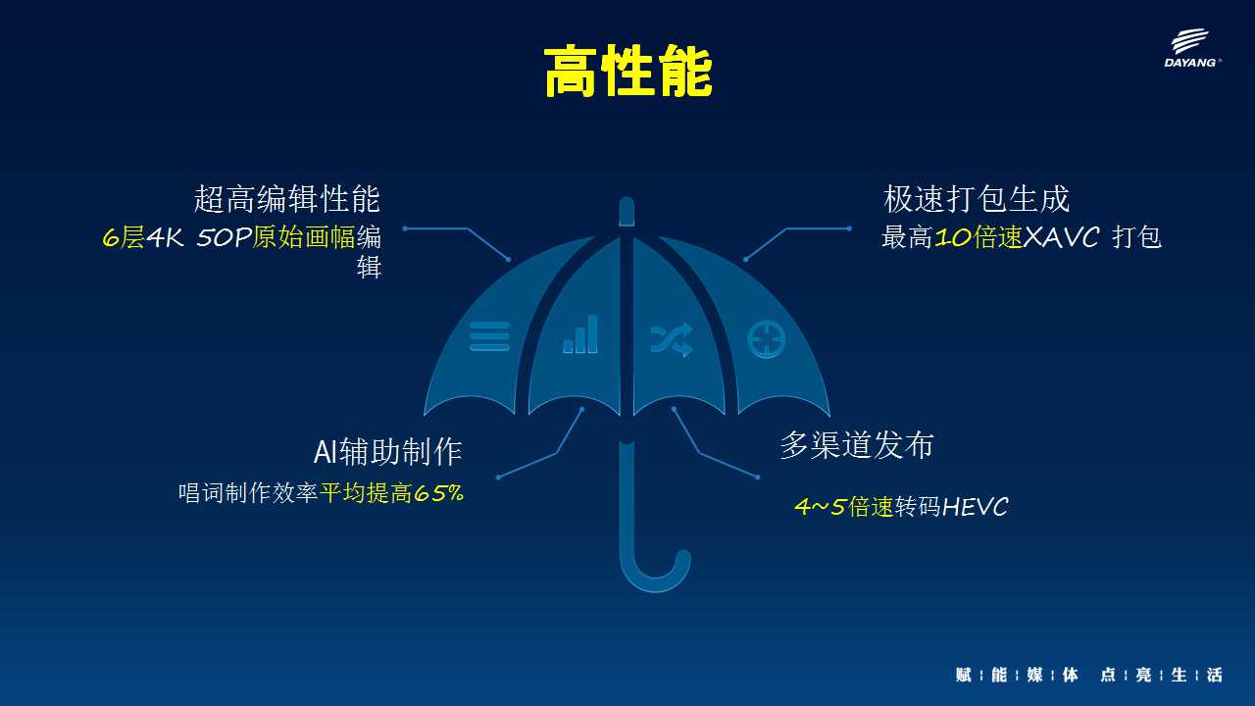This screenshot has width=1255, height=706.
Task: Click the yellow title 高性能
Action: [x=628, y=72]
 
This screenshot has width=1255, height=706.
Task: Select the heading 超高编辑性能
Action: [x=287, y=199]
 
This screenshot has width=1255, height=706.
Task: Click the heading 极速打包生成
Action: [x=977, y=199]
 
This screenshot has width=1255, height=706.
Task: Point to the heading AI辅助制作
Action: [x=387, y=452]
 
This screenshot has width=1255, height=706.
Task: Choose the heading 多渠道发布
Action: [x=857, y=445]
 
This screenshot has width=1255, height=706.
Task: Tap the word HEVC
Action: [x=975, y=507]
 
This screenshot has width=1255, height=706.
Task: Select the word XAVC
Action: [x=1061, y=237]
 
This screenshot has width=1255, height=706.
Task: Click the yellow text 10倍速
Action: [x=979, y=237]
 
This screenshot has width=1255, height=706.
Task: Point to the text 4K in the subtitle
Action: [x=165, y=237]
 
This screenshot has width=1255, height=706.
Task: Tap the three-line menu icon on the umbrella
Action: [x=489, y=336]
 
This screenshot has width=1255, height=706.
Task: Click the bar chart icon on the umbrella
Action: [x=580, y=334]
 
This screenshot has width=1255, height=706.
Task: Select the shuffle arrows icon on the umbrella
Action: [x=672, y=339]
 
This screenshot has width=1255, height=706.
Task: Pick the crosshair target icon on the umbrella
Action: [x=767, y=339]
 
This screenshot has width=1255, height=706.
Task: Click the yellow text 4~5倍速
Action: [x=844, y=507]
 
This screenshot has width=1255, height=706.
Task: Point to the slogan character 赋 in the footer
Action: [x=963, y=675]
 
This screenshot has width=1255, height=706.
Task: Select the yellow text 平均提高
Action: [x=366, y=493]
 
